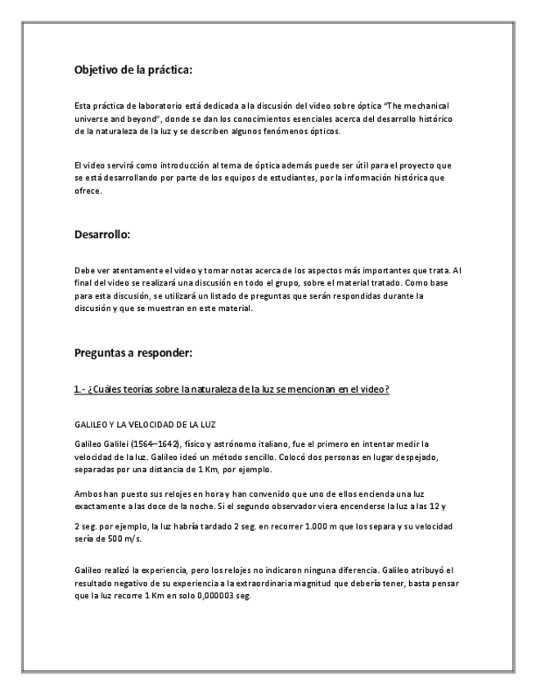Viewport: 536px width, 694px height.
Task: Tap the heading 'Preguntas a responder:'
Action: [x=131, y=354]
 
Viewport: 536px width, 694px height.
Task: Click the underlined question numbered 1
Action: [x=232, y=389]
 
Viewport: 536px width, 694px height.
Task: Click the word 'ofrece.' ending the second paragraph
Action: [x=88, y=192]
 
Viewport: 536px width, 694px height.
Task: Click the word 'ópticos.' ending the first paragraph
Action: [x=321, y=131]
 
